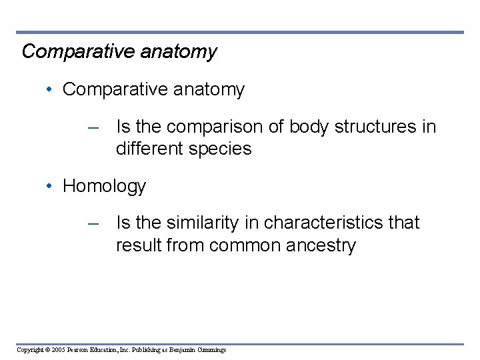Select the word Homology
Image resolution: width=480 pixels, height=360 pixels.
coord(104,186)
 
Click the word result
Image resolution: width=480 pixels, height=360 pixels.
coord(138,245)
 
